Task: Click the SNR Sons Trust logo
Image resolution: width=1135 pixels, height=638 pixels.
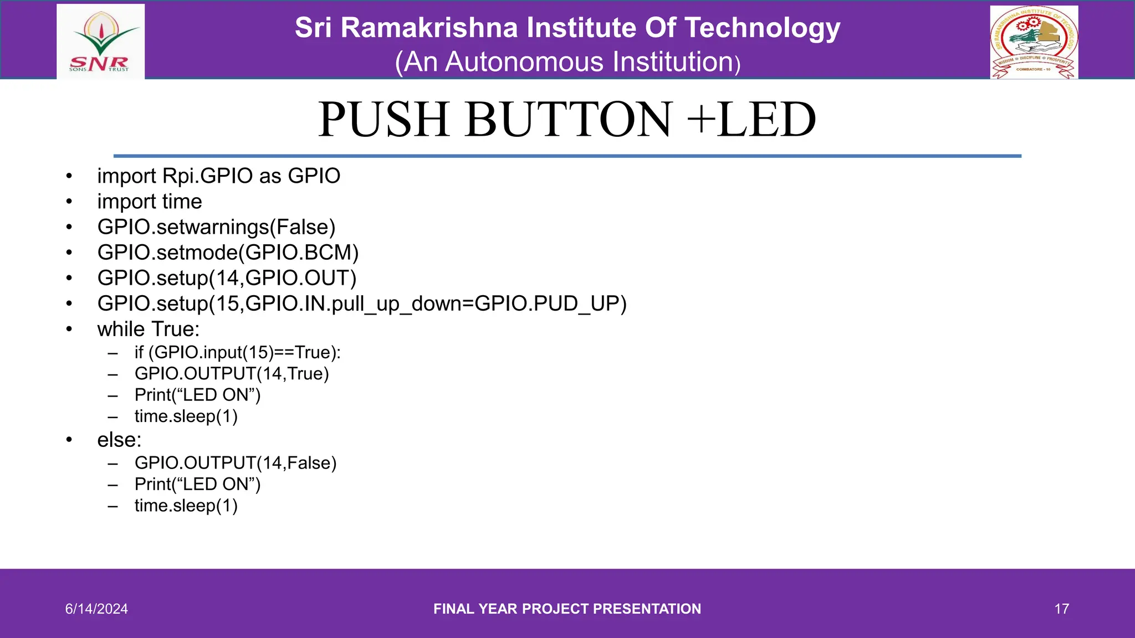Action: click(100, 42)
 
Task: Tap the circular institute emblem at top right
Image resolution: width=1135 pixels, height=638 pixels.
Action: click(1034, 43)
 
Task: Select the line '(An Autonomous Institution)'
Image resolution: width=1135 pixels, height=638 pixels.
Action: click(567, 62)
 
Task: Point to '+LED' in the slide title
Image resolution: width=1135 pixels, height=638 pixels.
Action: click(751, 120)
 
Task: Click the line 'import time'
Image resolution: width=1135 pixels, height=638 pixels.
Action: click(150, 202)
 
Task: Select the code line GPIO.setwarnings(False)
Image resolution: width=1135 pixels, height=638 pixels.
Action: click(216, 227)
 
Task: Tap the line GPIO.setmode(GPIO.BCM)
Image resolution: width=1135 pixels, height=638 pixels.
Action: click(228, 253)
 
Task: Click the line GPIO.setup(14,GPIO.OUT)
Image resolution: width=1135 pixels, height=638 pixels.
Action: click(227, 278)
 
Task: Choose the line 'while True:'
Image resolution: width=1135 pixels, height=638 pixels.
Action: click(148, 329)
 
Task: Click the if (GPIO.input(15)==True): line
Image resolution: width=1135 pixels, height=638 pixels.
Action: click(237, 352)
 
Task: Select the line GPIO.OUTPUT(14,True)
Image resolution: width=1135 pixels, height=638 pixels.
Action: click(232, 374)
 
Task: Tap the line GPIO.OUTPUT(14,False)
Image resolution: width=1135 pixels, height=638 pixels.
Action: click(236, 463)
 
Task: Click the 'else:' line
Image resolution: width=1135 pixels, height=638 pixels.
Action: click(119, 440)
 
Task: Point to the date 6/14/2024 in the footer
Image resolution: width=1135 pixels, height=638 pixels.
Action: click(96, 609)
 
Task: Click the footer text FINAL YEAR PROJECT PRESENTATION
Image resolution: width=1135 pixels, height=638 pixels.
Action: click(567, 609)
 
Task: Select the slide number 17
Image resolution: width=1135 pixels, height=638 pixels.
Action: click(1061, 609)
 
